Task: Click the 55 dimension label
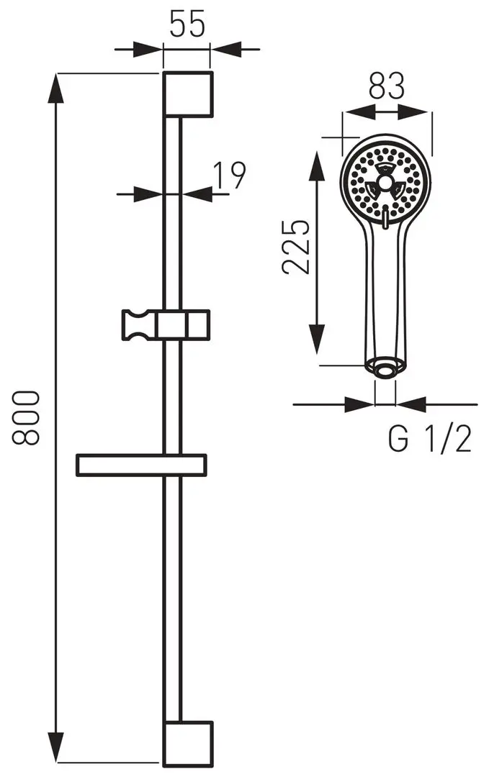187,24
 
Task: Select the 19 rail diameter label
230,174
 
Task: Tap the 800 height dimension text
27,418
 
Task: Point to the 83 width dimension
387,86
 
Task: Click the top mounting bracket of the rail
188,93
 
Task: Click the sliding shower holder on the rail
166,324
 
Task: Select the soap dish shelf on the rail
141,465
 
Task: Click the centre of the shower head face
386,185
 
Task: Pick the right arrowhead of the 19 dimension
195,193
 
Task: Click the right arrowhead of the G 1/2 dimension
411,404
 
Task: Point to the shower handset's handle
385,295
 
